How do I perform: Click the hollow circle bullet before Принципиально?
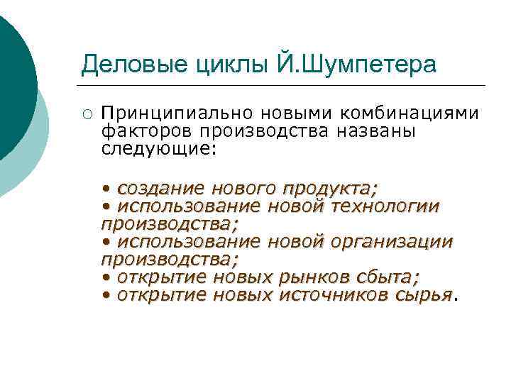(86, 113)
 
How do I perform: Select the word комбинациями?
(410, 113)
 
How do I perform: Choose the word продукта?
(330, 189)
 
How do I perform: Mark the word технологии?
(386, 206)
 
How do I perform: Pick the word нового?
(241, 189)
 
